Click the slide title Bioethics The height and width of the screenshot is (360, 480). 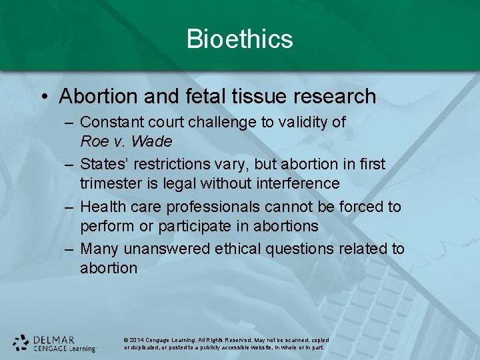239,39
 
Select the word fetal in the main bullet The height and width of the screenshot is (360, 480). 193,97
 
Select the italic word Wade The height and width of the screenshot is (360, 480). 151,141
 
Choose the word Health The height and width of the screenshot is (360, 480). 101,207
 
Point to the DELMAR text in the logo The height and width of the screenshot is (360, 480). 54,339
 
